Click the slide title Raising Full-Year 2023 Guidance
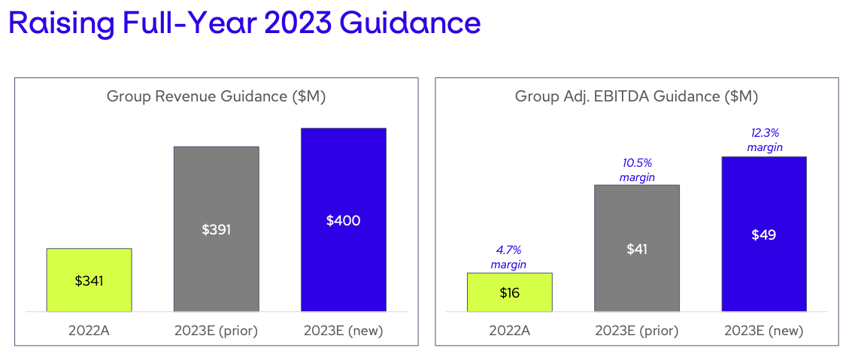click(x=244, y=23)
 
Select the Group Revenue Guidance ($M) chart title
click(x=216, y=96)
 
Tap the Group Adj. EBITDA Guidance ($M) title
click(x=636, y=96)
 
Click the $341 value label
click(x=89, y=281)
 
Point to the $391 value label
click(x=216, y=229)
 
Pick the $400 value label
click(x=343, y=220)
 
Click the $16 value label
click(x=509, y=292)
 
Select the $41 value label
click(x=637, y=249)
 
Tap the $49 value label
click(x=763, y=234)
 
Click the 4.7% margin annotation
click(x=509, y=257)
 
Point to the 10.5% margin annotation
click(x=637, y=170)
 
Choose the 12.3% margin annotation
click(x=764, y=141)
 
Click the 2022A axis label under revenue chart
click(x=89, y=331)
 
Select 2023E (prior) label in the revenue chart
click(x=216, y=331)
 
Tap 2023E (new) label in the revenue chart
click(x=343, y=331)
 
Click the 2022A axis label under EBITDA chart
click(x=509, y=331)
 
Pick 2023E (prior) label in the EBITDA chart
click(x=637, y=331)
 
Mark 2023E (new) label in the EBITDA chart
click(x=764, y=331)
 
